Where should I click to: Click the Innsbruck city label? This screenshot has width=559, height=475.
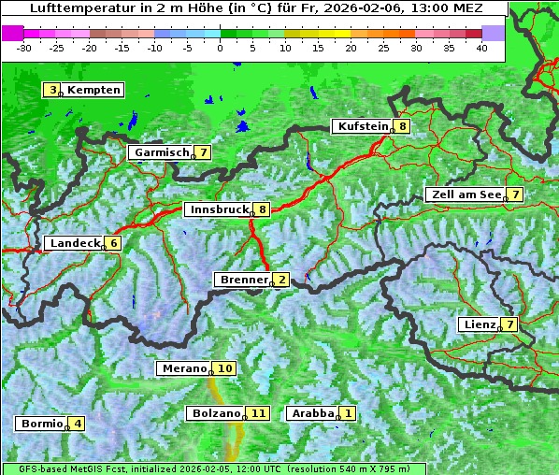coord(218,209)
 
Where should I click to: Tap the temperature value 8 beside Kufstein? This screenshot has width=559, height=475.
coord(402,126)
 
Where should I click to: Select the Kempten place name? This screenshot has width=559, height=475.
coord(93,90)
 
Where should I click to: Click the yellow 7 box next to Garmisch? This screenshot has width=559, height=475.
coord(203,151)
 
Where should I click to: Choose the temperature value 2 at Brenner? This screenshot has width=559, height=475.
coord(281,279)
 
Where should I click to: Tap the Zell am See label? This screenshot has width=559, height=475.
coord(464,194)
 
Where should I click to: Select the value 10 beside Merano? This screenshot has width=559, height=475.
coord(224,368)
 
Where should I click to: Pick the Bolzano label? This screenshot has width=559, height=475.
coord(215,412)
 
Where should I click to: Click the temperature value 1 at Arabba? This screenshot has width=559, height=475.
coord(348,412)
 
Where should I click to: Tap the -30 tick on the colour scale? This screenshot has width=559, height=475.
coord(25,47)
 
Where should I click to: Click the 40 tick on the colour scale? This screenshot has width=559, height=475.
coord(481,47)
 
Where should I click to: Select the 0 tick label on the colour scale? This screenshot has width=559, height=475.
coord(220,47)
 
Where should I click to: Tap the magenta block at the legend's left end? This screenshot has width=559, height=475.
coord(12,32)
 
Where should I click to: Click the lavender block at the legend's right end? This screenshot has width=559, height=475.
coord(493,32)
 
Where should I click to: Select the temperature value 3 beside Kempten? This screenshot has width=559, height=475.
coord(52,90)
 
